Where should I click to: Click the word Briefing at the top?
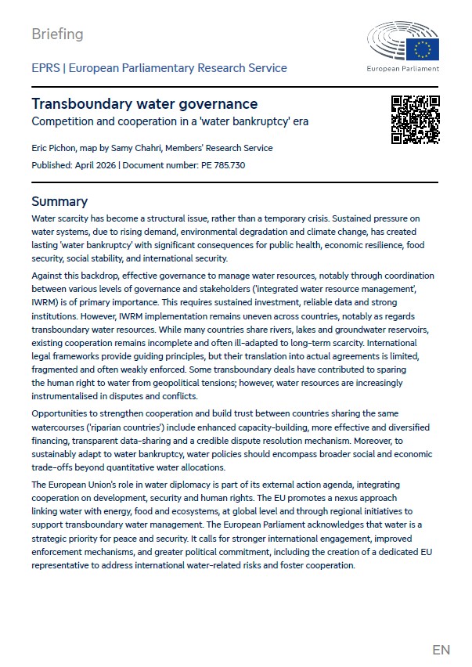pyautogui.click(x=57, y=34)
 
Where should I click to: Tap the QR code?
pyautogui.click(x=416, y=120)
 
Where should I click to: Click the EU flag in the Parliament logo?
pyautogui.click(x=427, y=49)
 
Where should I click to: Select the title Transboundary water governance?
pyautogui.click(x=144, y=104)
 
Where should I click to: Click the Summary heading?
pyautogui.click(x=59, y=201)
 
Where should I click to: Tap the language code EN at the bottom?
pyautogui.click(x=441, y=650)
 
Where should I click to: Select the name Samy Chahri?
pyautogui.click(x=139, y=148)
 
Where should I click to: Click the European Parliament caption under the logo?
pyautogui.click(x=403, y=69)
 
